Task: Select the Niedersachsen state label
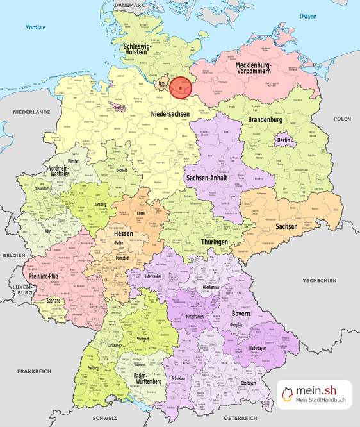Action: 170,113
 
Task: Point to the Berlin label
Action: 284,140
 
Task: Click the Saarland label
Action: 54,300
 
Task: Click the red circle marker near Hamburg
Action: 181,88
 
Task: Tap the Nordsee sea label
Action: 36,28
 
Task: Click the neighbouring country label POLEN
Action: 342,119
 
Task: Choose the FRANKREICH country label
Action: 35,371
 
